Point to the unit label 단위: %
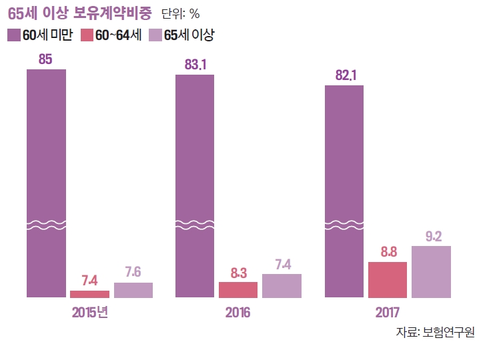pyautogui.click(x=181, y=14)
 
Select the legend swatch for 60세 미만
pyautogui.click(x=14, y=35)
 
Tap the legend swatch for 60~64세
pyautogui.click(x=86, y=35)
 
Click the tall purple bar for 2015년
pyautogui.click(x=47, y=183)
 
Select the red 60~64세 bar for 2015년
pyautogui.click(x=89, y=294)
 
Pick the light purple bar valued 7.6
pyautogui.click(x=133, y=290)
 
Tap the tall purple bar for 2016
pyautogui.click(x=195, y=186)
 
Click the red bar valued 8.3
pyautogui.click(x=238, y=290)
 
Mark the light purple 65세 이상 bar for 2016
pyautogui.click(x=282, y=286)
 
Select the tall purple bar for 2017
pyautogui.click(x=344, y=191)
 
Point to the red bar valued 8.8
pyautogui.click(x=388, y=280)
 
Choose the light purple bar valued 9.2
pyautogui.click(x=431, y=272)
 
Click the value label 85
pyautogui.click(x=45, y=59)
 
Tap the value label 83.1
pyautogui.click(x=195, y=65)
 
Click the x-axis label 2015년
pyautogui.click(x=89, y=312)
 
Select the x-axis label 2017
pyautogui.click(x=388, y=312)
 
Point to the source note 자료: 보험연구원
pyautogui.click(x=434, y=332)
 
